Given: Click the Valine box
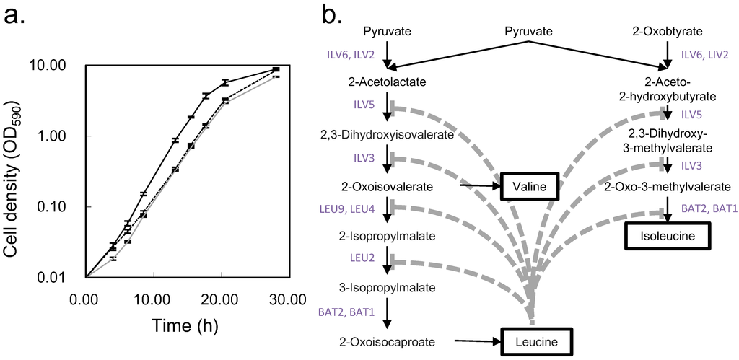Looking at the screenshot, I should click(530, 188).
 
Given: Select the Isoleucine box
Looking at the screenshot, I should click(668, 236).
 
